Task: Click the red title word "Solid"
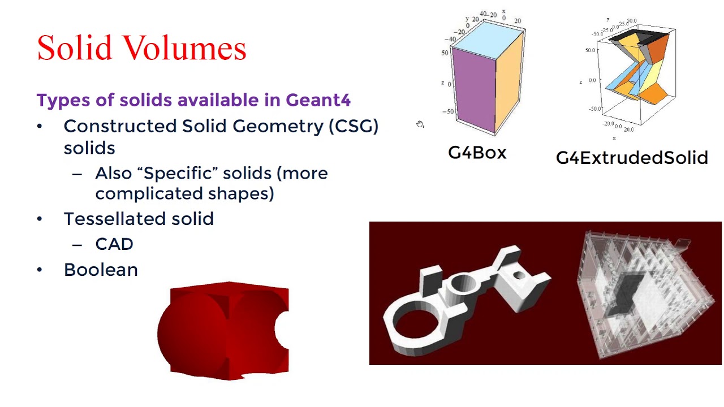(74, 48)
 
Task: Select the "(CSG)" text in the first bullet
(353, 126)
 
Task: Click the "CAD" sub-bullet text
(114, 244)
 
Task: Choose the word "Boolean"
(101, 270)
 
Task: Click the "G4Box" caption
(477, 153)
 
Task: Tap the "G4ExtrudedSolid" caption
(632, 158)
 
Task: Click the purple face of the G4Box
(474, 90)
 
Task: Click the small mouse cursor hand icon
(420, 124)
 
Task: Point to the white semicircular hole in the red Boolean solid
(282, 329)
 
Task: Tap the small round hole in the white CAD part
(519, 276)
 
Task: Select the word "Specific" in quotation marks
(181, 173)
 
